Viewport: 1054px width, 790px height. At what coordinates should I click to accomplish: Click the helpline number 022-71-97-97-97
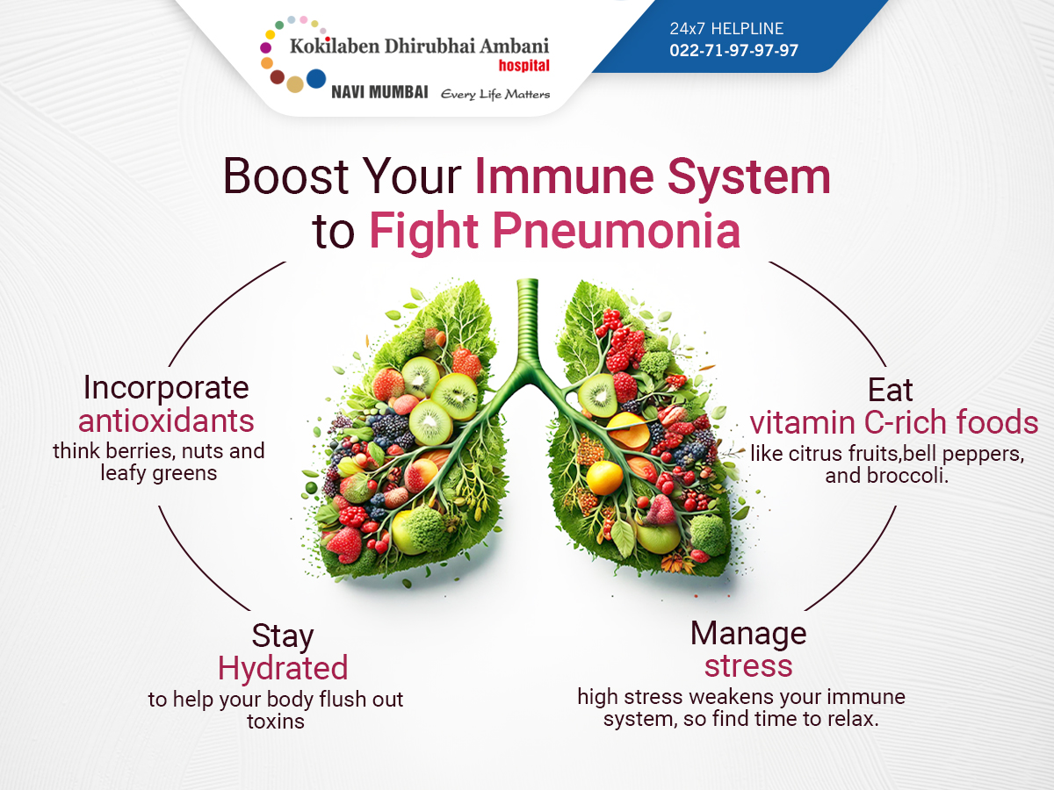(x=733, y=50)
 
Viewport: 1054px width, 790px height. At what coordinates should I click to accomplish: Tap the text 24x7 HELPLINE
(x=726, y=29)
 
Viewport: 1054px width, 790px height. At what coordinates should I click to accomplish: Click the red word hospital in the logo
(x=523, y=65)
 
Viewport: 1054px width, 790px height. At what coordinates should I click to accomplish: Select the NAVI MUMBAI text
(x=379, y=92)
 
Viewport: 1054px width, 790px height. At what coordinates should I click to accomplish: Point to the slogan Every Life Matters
(x=495, y=94)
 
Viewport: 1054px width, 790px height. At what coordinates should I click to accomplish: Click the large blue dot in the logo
(x=316, y=79)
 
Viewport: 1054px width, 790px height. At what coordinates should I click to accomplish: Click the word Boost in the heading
(x=285, y=176)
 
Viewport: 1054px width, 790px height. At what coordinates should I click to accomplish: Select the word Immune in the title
(x=564, y=176)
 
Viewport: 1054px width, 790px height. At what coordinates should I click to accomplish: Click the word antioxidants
(x=166, y=421)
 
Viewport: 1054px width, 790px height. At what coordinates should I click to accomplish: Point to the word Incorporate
(x=166, y=388)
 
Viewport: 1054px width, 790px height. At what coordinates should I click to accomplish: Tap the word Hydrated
(x=283, y=668)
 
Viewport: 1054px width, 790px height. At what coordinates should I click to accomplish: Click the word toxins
(x=276, y=722)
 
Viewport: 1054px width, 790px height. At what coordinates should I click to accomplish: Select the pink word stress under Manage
(x=748, y=665)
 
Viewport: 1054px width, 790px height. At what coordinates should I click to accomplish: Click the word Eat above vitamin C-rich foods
(x=890, y=390)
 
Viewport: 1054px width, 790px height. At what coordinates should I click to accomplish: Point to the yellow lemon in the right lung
(x=604, y=478)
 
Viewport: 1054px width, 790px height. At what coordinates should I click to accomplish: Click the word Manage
(x=748, y=633)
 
